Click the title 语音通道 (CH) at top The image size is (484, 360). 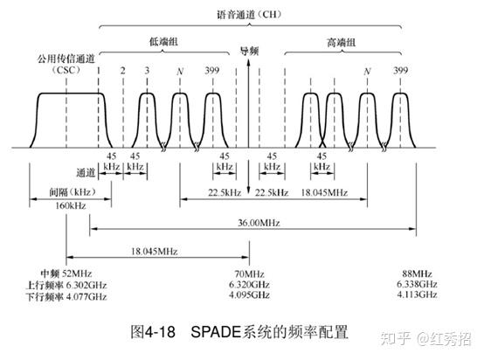coord(249,14)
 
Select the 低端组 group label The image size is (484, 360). coord(164,41)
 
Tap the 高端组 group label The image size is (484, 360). coord(342,42)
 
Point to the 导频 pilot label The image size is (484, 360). coord(249,51)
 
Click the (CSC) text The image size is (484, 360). coord(66,70)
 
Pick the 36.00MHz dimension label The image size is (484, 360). coord(259,223)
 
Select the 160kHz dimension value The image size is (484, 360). coord(71,205)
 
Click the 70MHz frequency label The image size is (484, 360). coord(249,273)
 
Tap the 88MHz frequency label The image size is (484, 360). coord(417,273)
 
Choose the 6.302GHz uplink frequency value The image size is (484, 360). coord(86,285)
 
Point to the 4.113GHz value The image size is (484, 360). coord(417,294)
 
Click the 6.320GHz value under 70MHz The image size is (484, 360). coord(249,284)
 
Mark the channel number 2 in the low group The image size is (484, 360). coord(123,71)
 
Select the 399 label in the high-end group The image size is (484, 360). coord(401,71)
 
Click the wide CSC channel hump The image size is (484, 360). coord(71,93)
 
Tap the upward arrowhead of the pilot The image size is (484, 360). coord(248,62)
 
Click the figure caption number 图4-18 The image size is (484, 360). coord(153,332)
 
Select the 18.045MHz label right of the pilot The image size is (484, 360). coord(324,192)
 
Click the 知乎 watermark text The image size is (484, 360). coord(396,338)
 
